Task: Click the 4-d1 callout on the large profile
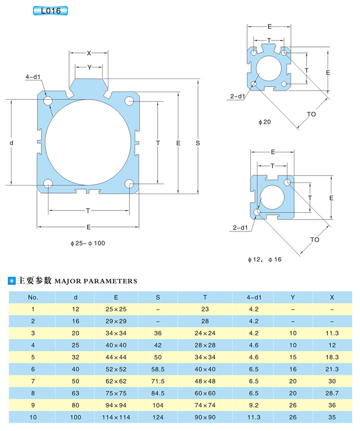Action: (33, 77)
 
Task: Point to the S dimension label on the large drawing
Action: (198, 143)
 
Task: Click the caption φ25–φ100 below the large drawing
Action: (88, 243)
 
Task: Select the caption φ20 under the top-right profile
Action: (264, 121)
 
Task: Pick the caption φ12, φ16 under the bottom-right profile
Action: (264, 259)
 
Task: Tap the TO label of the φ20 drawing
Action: (311, 114)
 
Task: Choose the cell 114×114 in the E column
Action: (116, 417)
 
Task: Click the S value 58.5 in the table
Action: (158, 369)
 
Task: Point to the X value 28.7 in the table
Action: (331, 393)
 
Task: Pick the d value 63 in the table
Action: (75, 393)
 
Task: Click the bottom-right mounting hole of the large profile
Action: (129, 183)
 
